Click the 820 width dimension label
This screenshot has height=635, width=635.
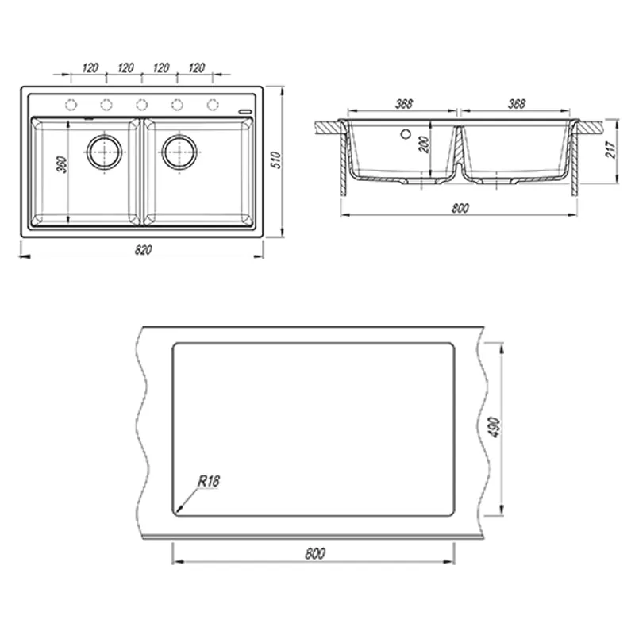tap(144, 250)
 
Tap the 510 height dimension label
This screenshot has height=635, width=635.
tap(275, 160)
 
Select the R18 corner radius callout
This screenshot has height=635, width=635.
tap(209, 481)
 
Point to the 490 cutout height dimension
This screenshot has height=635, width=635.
tap(495, 427)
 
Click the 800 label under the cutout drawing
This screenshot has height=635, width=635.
tap(315, 553)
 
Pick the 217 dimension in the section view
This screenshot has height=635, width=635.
tap(610, 150)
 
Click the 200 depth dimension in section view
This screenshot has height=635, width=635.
tap(424, 144)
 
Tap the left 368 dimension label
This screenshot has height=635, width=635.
tap(404, 104)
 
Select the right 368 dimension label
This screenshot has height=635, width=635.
tap(517, 104)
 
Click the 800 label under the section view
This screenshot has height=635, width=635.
tap(460, 208)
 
